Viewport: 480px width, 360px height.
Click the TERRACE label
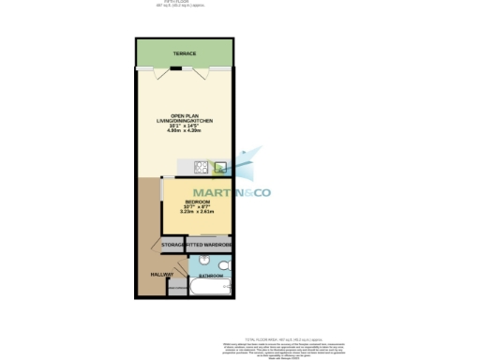click(184, 54)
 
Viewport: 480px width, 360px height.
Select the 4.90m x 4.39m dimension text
click(184, 130)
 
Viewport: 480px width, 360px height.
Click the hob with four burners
click(201, 168)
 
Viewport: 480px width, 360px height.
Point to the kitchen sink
click(220, 168)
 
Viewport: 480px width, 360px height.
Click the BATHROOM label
click(211, 277)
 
